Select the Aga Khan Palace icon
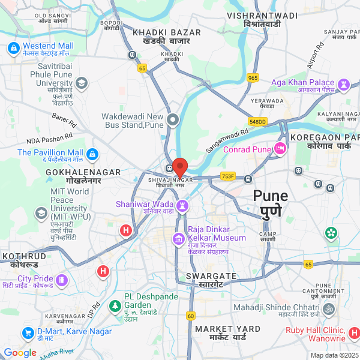coord(344,83)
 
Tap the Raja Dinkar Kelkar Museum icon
coord(178,241)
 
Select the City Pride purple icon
coord(61,280)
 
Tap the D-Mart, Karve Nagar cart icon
coord(28,332)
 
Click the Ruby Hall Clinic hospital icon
coord(355,332)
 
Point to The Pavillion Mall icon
coord(92,155)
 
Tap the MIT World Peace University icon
coord(41,213)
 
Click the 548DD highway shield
coord(257,121)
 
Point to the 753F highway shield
coord(228,176)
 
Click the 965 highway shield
coord(253,77)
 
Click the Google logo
coord(20,353)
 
